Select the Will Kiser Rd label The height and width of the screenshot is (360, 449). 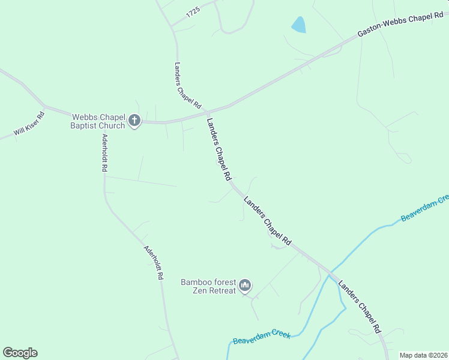(x=29, y=123)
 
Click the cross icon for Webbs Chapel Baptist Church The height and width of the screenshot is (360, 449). (x=134, y=121)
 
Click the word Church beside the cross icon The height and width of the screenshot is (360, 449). (x=113, y=125)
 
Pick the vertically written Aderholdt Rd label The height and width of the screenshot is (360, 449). (x=104, y=153)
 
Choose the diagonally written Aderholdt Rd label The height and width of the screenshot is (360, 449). (x=154, y=262)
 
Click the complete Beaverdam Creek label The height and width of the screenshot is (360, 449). (x=262, y=337)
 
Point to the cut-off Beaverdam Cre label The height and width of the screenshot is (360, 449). (x=425, y=208)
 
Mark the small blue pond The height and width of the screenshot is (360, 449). (x=298, y=25)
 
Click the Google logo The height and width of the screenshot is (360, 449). (x=20, y=353)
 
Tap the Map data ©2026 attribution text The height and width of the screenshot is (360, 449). (x=424, y=355)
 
